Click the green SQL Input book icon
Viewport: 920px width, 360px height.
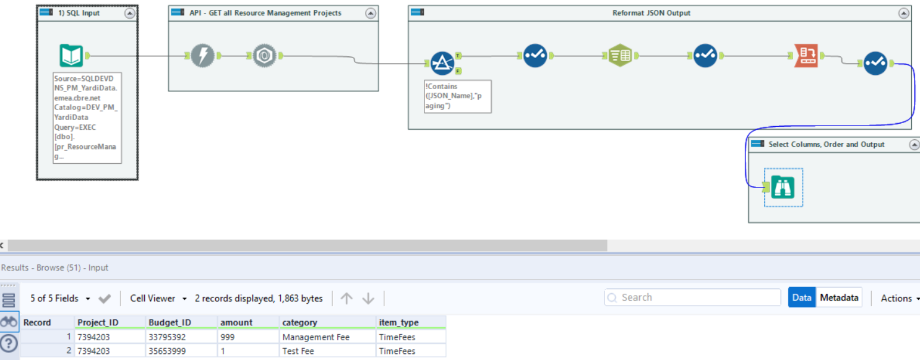click(x=71, y=56)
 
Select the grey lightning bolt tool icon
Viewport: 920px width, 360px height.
click(x=202, y=56)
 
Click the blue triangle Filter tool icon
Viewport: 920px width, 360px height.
click(x=442, y=62)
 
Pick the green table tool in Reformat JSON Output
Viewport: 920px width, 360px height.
click(x=620, y=56)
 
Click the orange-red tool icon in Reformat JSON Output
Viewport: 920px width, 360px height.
click(x=806, y=56)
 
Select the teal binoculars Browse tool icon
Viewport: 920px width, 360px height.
click(x=783, y=187)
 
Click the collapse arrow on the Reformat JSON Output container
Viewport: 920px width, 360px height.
click(x=905, y=13)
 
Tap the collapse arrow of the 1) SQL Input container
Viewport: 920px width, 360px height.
click(x=129, y=13)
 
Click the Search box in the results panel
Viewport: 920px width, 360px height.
click(x=693, y=298)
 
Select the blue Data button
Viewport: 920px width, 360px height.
click(x=801, y=298)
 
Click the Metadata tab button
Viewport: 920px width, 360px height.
click(x=839, y=298)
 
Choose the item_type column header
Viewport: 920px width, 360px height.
click(x=398, y=322)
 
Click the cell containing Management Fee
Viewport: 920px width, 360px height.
click(x=316, y=337)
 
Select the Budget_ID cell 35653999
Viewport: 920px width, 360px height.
click(x=167, y=351)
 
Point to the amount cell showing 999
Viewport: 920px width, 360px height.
click(x=229, y=337)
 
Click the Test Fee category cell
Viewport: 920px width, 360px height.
click(x=298, y=351)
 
